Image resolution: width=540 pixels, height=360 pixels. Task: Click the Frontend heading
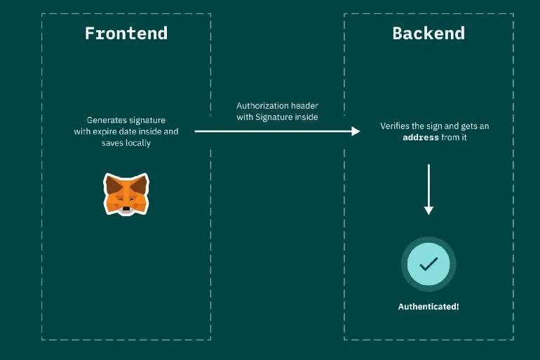click(126, 33)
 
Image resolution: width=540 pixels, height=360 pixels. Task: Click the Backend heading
click(428, 33)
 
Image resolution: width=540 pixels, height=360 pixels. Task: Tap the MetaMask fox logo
click(126, 194)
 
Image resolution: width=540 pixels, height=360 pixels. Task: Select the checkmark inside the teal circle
click(428, 264)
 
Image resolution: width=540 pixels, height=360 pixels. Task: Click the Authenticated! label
click(428, 307)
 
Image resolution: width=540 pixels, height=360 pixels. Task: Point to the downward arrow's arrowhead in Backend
click(428, 209)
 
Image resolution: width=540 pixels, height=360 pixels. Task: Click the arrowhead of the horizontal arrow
click(356, 131)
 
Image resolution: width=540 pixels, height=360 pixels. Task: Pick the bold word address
click(421, 138)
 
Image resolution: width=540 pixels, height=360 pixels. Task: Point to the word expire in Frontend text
click(107, 131)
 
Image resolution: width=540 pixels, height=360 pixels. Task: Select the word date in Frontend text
click(133, 131)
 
